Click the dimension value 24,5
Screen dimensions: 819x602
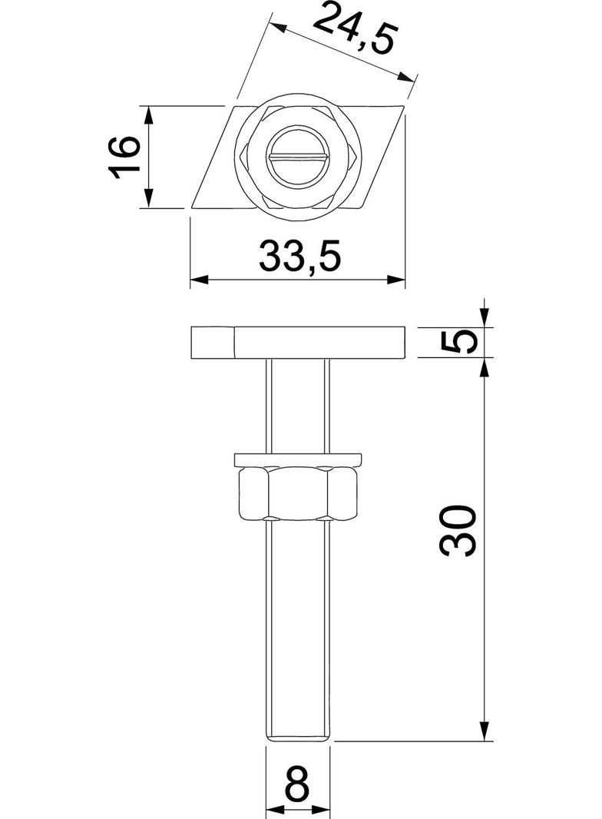point(355,30)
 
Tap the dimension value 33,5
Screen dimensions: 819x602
point(299,256)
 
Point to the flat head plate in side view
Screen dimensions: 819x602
point(319,343)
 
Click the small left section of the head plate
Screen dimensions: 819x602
point(211,343)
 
